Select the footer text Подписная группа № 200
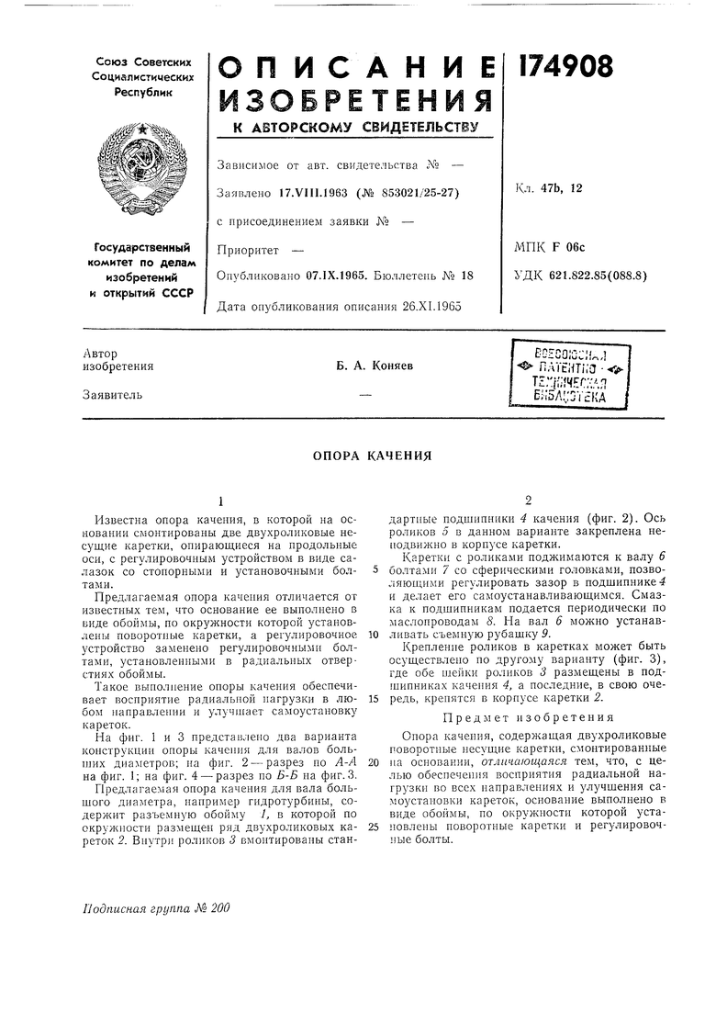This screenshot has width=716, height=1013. point(153,908)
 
